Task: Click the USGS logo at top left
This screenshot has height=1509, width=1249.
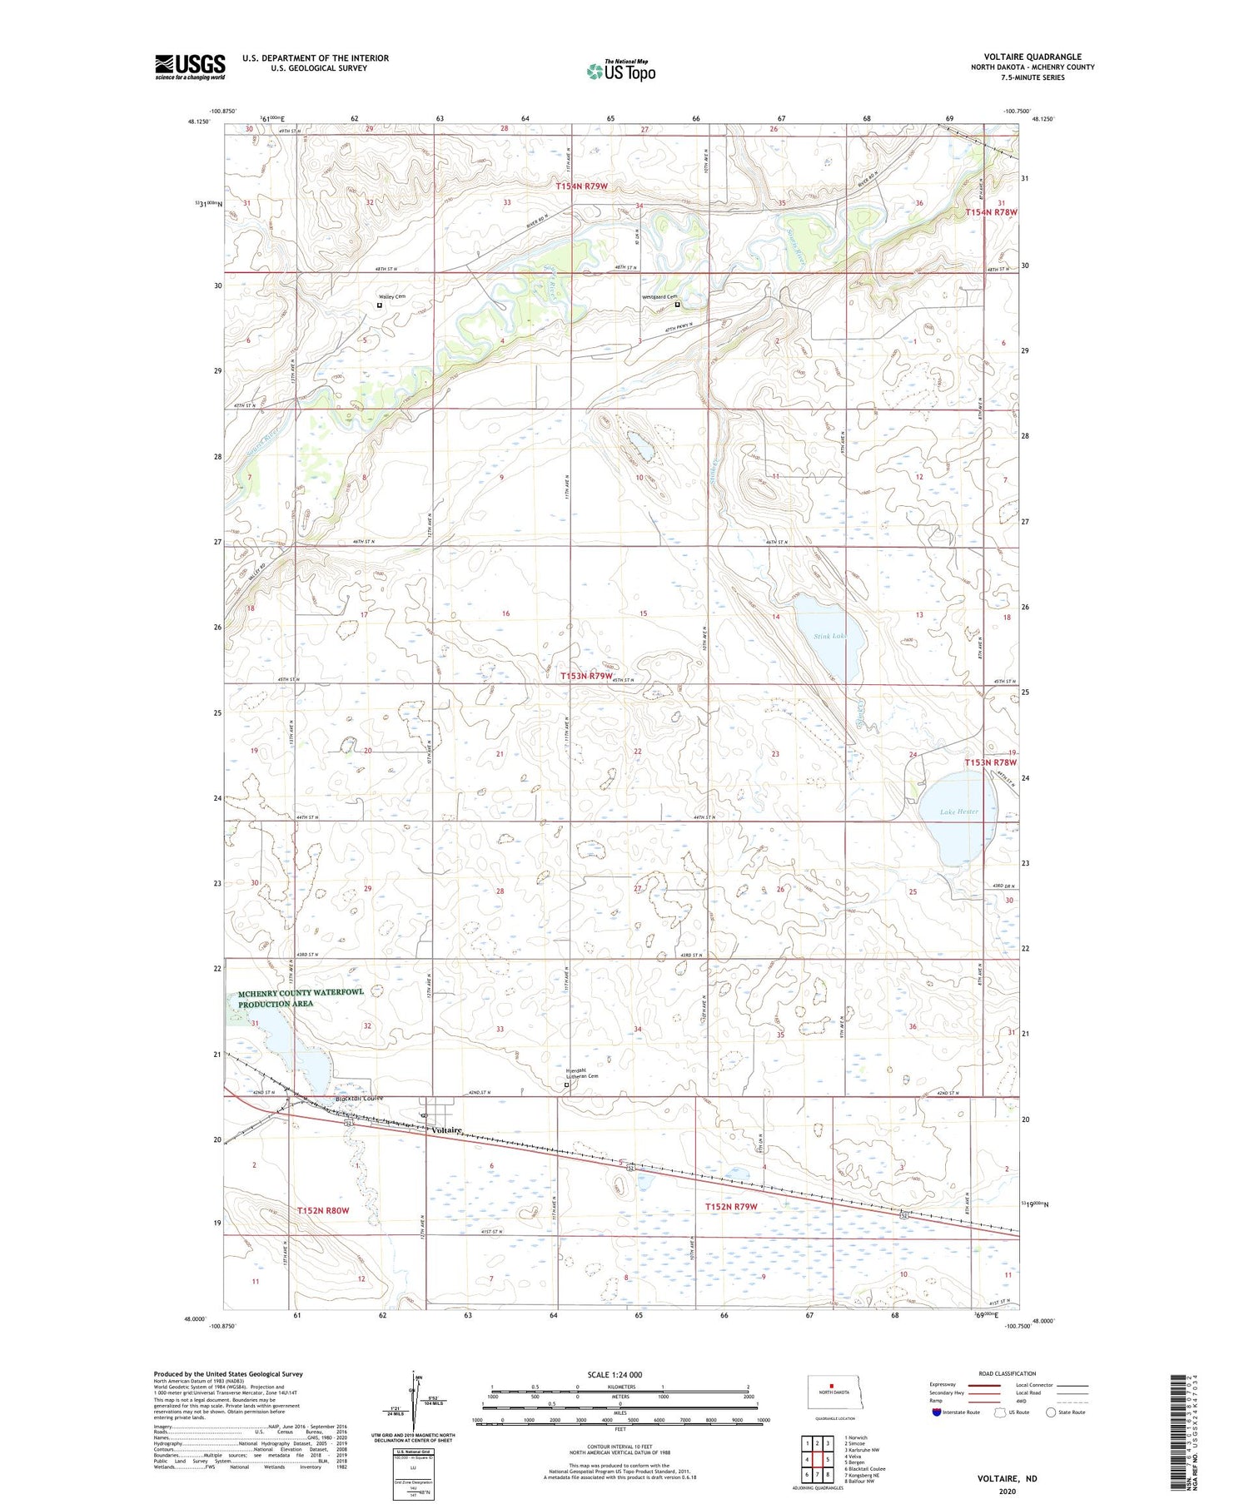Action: click(190, 67)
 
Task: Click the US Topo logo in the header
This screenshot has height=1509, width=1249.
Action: click(620, 71)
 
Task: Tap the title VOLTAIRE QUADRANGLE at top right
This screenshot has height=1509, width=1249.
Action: click(1032, 57)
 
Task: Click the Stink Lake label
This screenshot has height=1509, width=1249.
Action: click(829, 636)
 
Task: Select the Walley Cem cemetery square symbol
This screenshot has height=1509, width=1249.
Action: click(380, 305)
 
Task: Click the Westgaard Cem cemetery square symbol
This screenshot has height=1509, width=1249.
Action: click(678, 305)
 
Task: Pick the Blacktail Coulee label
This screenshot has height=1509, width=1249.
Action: click(359, 1099)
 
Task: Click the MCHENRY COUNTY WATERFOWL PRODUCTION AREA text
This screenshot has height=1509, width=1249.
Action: click(301, 999)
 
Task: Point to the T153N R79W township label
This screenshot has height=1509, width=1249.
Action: click(591, 676)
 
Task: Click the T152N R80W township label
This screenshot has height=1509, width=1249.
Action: click(328, 1210)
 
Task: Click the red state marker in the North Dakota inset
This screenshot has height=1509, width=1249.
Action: click(831, 1386)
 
